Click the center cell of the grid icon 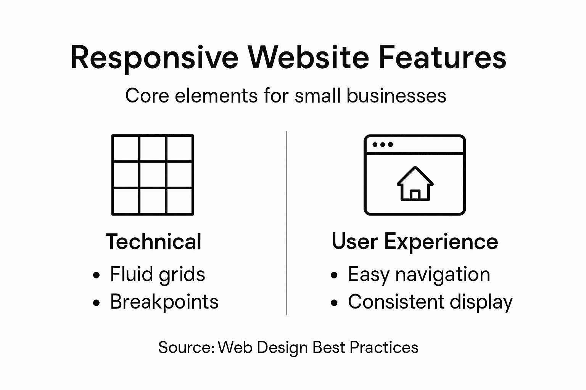click(153, 175)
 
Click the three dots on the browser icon click(382, 145)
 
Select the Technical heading click(153, 241)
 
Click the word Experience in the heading click(441, 241)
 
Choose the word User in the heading click(354, 241)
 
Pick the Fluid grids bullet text click(157, 274)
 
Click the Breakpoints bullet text click(164, 302)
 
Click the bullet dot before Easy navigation click(335, 275)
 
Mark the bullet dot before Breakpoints click(97, 303)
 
